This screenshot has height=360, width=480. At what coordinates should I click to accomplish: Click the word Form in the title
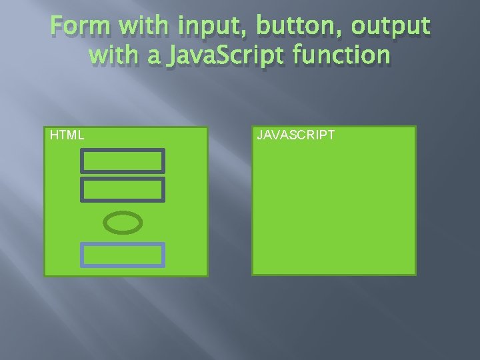(x=74, y=27)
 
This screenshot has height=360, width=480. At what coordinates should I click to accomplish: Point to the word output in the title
(x=391, y=27)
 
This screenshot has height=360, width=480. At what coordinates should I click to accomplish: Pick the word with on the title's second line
(x=110, y=55)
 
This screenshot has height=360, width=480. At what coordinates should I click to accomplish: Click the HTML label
(x=67, y=135)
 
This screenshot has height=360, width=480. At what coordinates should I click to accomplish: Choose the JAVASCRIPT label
(x=295, y=135)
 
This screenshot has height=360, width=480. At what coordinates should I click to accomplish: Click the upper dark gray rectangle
(x=123, y=161)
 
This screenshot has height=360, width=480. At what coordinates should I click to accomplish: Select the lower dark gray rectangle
(x=123, y=189)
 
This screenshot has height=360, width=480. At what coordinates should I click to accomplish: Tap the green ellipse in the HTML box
(x=125, y=223)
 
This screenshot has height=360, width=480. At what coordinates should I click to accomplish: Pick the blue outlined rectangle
(x=123, y=255)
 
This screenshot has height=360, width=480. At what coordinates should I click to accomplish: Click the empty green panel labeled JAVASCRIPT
(x=333, y=207)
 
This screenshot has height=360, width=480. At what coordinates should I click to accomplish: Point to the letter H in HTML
(x=54, y=135)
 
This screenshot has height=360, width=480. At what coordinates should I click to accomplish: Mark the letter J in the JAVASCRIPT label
(x=260, y=135)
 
